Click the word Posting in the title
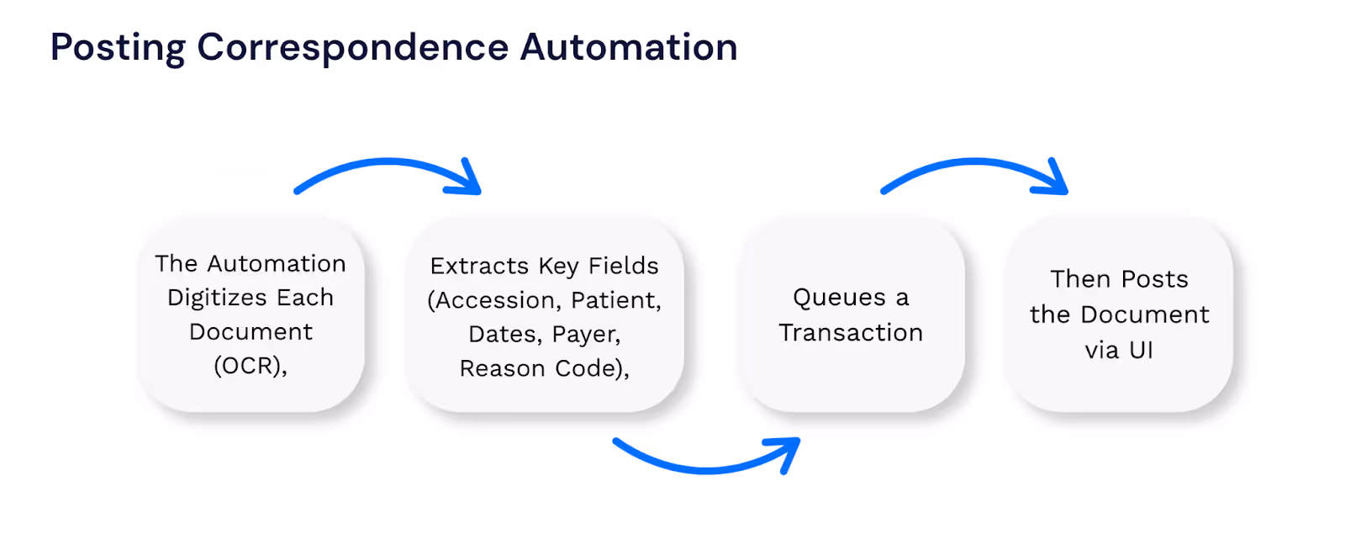click(118, 48)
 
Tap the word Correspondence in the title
click(352, 48)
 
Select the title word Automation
click(629, 47)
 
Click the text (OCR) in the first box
click(250, 366)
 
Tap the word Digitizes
click(217, 298)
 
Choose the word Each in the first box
click(306, 298)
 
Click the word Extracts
click(479, 266)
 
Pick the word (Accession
click(495, 300)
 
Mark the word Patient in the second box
click(615, 300)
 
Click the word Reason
click(501, 368)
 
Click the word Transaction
click(851, 332)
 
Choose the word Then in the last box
click(1080, 279)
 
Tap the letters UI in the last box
click(1141, 350)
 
